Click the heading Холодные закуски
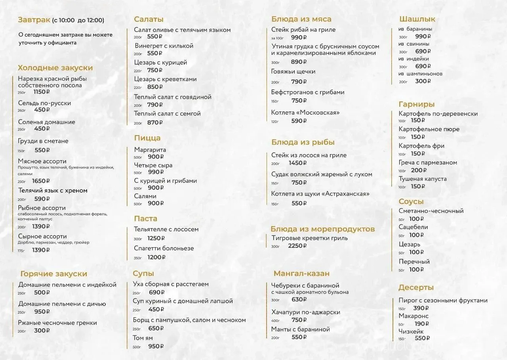[55, 68]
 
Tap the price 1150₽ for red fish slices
[42, 92]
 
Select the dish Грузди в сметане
[43, 141]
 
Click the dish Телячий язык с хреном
[53, 191]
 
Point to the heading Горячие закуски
[53, 274]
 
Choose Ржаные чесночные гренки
[57, 323]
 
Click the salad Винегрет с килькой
[164, 46]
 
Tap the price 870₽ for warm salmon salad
[155, 123]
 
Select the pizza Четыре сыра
[153, 165]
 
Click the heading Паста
[145, 219]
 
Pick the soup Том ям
[143, 338]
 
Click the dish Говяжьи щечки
[293, 72]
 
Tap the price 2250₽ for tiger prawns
[297, 246]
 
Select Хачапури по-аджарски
[305, 312]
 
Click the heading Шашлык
[417, 19]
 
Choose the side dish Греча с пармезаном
[428, 163]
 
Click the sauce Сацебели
[413, 227]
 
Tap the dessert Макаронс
[414, 316]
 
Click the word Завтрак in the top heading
[34, 20]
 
